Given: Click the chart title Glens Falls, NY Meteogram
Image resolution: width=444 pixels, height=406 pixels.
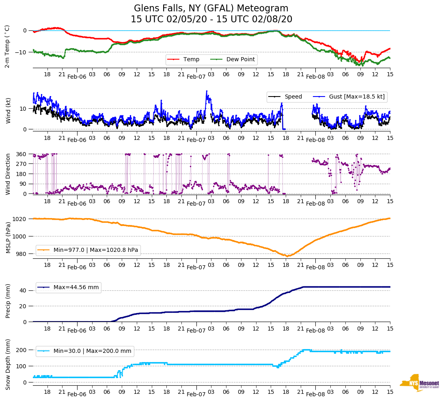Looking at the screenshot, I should (x=211, y=9).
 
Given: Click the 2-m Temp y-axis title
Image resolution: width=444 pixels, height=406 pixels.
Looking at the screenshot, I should (x=7, y=46).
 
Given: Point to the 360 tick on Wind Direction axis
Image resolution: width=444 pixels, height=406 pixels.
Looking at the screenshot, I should (x=22, y=154).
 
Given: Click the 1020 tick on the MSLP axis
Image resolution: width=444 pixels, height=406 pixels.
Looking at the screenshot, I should (x=20, y=219).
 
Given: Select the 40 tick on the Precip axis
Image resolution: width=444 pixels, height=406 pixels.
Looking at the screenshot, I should (x=24, y=291).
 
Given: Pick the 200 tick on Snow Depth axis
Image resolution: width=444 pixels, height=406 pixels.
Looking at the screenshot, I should (x=22, y=350).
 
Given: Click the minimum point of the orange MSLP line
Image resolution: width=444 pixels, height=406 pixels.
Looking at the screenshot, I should (x=287, y=256).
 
